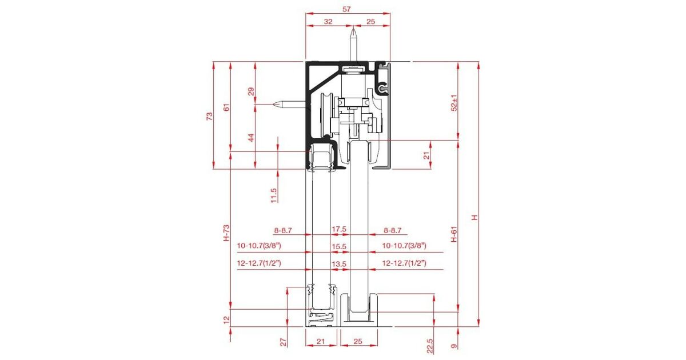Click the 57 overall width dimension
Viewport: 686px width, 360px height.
pos(346,9)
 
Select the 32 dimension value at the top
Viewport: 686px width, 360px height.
pos(328,22)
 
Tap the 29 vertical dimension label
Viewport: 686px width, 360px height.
pos(251,91)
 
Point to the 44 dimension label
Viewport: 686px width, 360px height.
pos(251,138)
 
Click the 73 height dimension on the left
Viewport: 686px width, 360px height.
pos(210,117)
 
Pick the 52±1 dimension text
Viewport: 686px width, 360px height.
pos(454,103)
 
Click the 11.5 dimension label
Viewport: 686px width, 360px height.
pos(274,195)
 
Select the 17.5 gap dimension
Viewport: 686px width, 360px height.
pos(339,229)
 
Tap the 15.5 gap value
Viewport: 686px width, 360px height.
pos(339,246)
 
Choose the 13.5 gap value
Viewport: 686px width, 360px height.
pos(339,264)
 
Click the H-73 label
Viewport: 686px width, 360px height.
pos(226,233)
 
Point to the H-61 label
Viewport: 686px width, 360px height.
pos(454,234)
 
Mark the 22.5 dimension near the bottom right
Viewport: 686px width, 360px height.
pos(430,346)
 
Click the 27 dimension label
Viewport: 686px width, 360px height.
pos(284,342)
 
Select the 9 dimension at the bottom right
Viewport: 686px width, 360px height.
pos(454,346)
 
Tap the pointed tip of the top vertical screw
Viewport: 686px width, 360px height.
pos(353,29)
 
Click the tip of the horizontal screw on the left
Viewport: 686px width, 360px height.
pos(273,105)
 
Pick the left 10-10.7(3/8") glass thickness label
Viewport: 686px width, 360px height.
pos(259,246)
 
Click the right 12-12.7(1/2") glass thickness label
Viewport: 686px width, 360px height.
pos(404,263)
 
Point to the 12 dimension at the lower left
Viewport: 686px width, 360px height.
pos(226,320)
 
